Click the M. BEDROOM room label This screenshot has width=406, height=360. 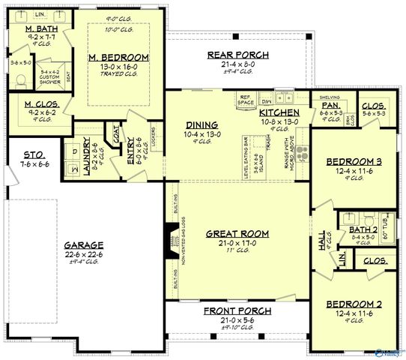click(x=118, y=58)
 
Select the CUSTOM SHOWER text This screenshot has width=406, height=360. click(x=49, y=77)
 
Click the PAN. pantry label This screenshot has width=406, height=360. click(x=330, y=106)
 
